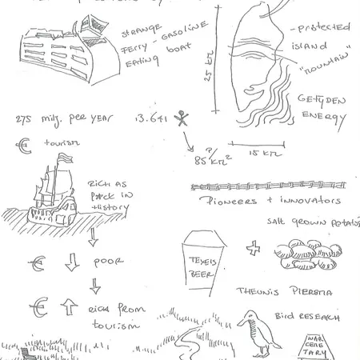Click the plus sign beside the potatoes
click(254, 249)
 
